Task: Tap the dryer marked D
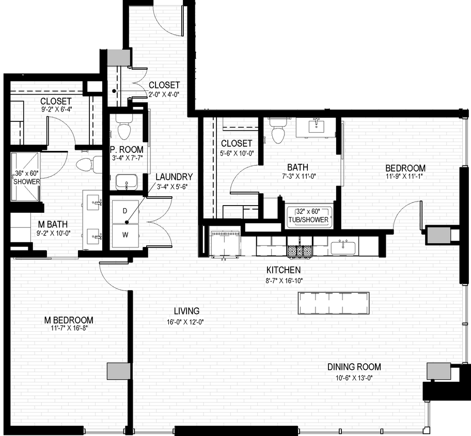tap(125, 212)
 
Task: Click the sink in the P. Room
tap(126, 181)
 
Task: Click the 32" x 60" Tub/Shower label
tap(309, 216)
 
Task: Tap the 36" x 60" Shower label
tap(26, 177)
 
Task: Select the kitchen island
tap(333, 303)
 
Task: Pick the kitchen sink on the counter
tap(343, 247)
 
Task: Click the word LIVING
tap(186, 311)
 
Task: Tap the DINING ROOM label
tap(354, 367)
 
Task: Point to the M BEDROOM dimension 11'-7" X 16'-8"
tap(69, 330)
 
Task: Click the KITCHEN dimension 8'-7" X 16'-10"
tap(283, 281)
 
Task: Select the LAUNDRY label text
tap(174, 177)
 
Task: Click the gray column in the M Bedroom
tap(118, 371)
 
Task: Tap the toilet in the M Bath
tap(86, 165)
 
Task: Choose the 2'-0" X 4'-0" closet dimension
tap(164, 95)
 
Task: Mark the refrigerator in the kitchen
tap(225, 243)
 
